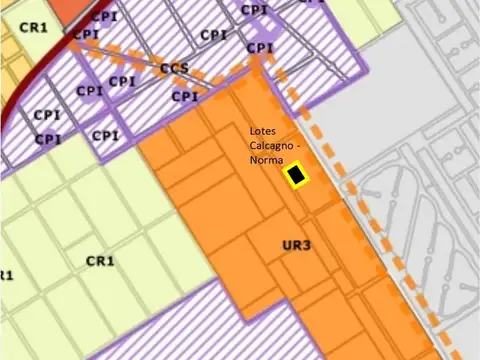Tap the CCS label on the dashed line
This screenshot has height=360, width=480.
(x=174, y=69)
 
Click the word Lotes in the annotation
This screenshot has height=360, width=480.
(x=266, y=132)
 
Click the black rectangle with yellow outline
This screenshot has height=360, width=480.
(x=297, y=176)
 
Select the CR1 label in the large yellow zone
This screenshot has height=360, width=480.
(x=101, y=260)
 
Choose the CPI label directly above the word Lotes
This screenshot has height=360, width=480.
(x=259, y=47)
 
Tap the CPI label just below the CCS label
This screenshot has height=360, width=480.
(x=184, y=97)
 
